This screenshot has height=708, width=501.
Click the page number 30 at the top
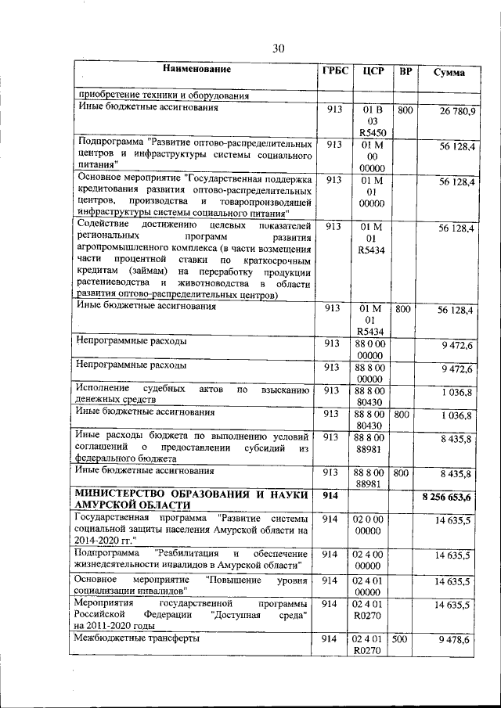(x=278, y=49)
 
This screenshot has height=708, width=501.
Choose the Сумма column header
(x=449, y=72)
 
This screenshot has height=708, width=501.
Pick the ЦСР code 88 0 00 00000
(x=372, y=349)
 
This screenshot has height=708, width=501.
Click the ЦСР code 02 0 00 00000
(x=372, y=524)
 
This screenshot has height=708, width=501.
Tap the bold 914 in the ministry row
(x=330, y=496)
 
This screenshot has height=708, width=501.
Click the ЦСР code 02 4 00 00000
(x=372, y=560)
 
